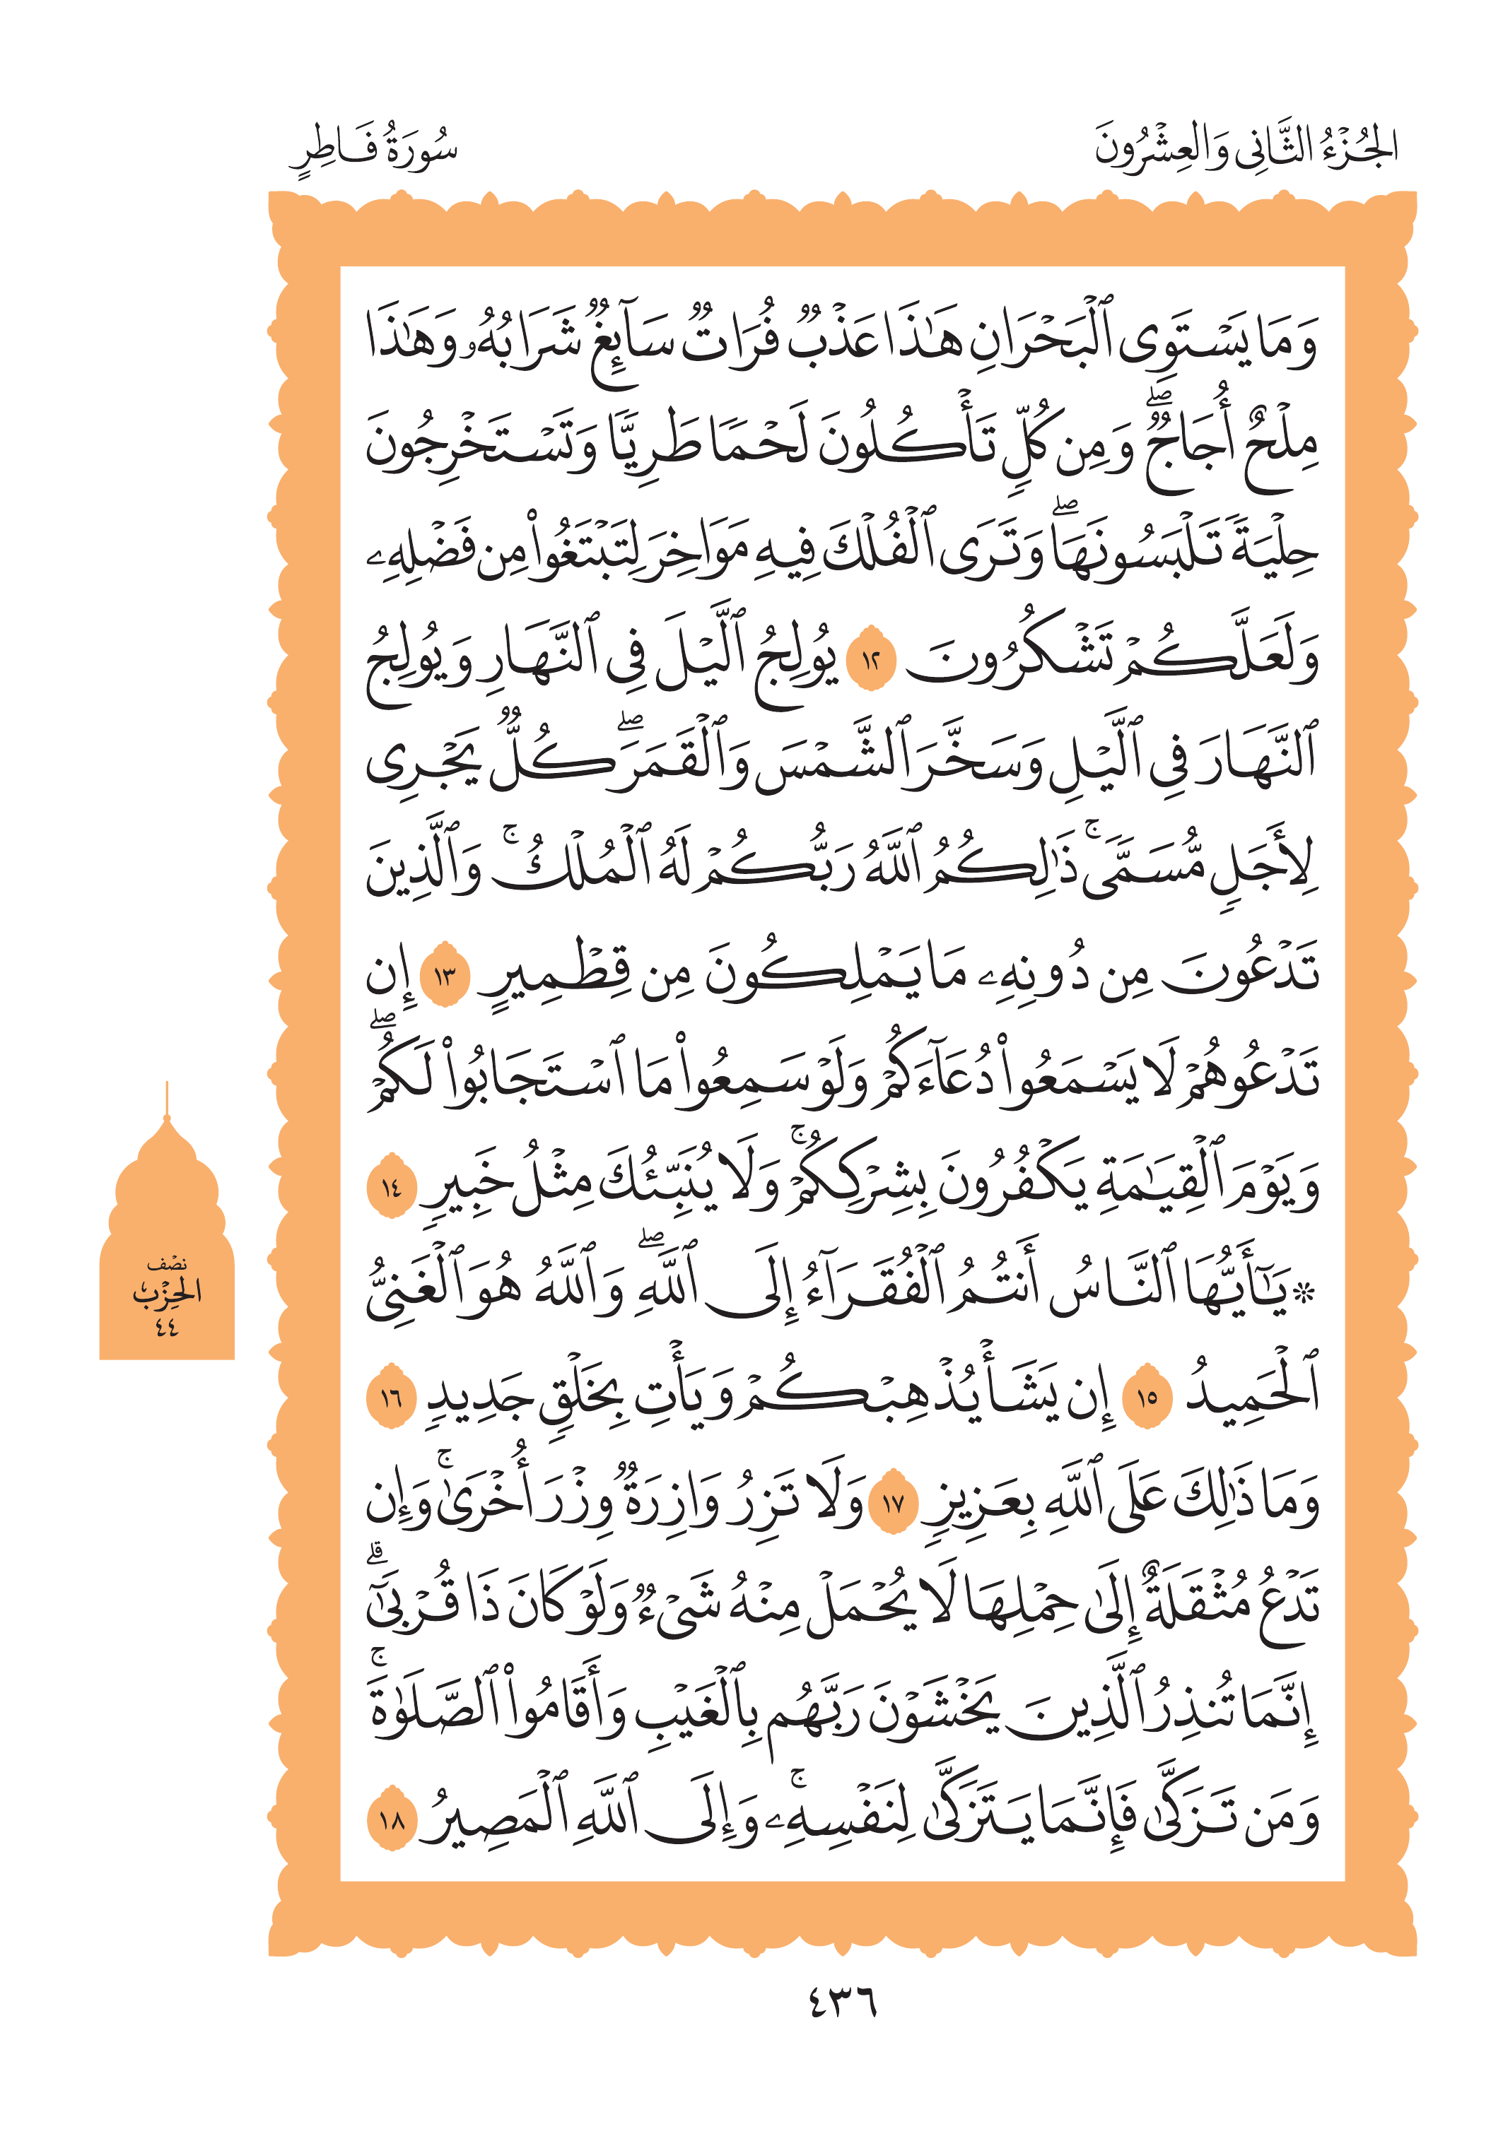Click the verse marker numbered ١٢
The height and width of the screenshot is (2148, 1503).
coord(870,661)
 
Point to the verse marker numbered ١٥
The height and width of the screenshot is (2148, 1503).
coord(1147,1398)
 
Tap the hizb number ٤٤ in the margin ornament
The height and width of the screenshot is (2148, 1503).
coord(167,1326)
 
